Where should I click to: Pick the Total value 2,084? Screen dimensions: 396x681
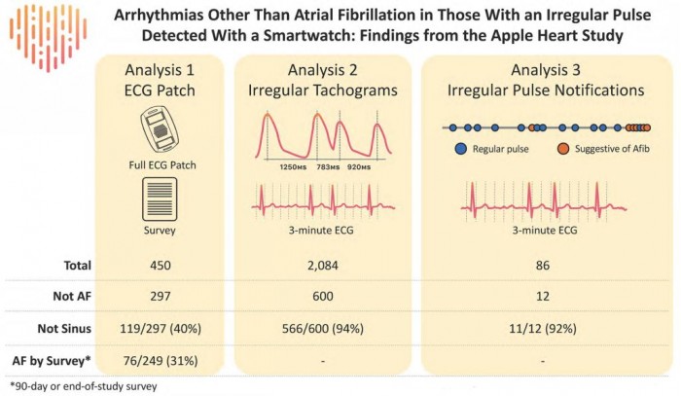326,265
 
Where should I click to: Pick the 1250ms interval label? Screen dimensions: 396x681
295,166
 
